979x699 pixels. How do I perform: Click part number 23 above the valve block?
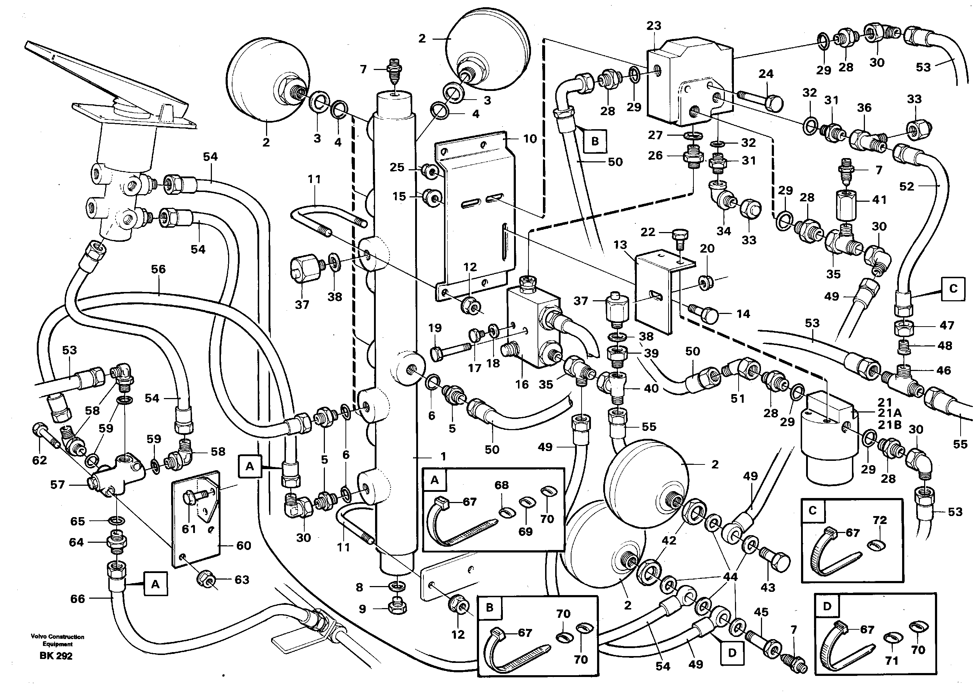(x=653, y=26)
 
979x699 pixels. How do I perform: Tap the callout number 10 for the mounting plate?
(x=530, y=139)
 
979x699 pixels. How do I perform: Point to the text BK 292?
(x=56, y=656)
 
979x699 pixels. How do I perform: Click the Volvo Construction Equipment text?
(x=57, y=640)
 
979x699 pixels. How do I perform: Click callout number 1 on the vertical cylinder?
(x=443, y=456)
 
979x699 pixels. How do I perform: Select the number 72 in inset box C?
(x=880, y=520)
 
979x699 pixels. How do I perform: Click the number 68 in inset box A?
(x=501, y=485)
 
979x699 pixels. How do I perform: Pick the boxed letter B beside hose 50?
(x=595, y=141)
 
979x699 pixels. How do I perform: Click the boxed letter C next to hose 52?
(x=953, y=288)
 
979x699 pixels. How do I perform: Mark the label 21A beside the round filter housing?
(x=890, y=413)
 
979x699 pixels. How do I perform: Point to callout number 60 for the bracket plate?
(x=244, y=545)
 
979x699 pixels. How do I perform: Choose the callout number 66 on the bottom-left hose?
(x=78, y=598)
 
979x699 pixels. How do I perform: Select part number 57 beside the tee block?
(x=57, y=485)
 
